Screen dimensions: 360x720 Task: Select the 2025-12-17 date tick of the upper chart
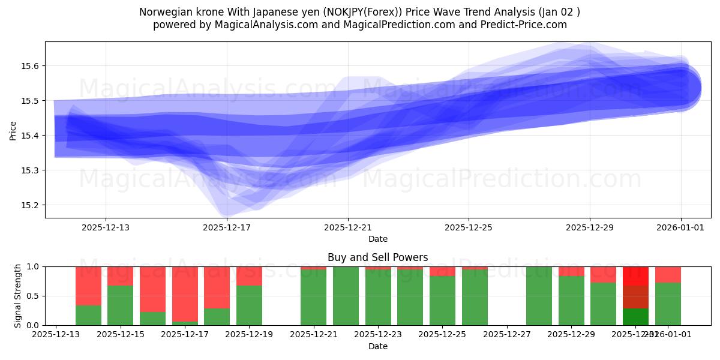pyautogui.click(x=227, y=227)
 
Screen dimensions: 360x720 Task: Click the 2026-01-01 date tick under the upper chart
pyautogui.click(x=680, y=227)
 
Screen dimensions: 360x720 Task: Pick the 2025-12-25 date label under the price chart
pyautogui.click(x=469, y=227)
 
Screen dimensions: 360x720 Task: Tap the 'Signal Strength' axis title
pyautogui.click(x=18, y=296)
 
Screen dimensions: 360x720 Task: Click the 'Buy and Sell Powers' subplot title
pyautogui.click(x=378, y=257)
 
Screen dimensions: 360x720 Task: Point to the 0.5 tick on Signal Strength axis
pyautogui.click(x=34, y=296)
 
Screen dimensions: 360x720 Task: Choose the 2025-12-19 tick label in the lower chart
pyautogui.click(x=249, y=334)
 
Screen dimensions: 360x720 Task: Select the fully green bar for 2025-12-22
pyautogui.click(x=346, y=296)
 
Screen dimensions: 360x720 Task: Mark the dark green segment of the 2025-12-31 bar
pyautogui.click(x=635, y=316)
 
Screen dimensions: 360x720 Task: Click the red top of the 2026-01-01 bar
pyautogui.click(x=668, y=274)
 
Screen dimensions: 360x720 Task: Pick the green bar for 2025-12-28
pyautogui.click(x=539, y=296)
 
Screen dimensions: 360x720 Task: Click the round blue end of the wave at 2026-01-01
pyautogui.click(x=681, y=88)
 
